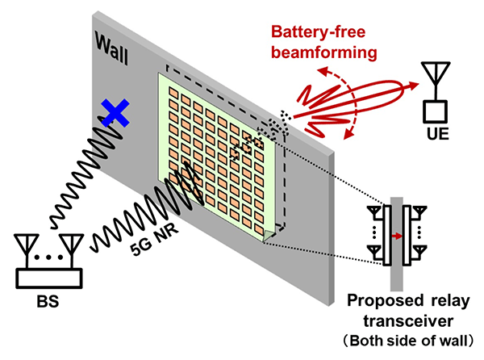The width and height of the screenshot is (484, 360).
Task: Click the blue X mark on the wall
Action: tap(115, 113)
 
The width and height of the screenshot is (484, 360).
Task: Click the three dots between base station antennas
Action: tap(48, 258)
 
